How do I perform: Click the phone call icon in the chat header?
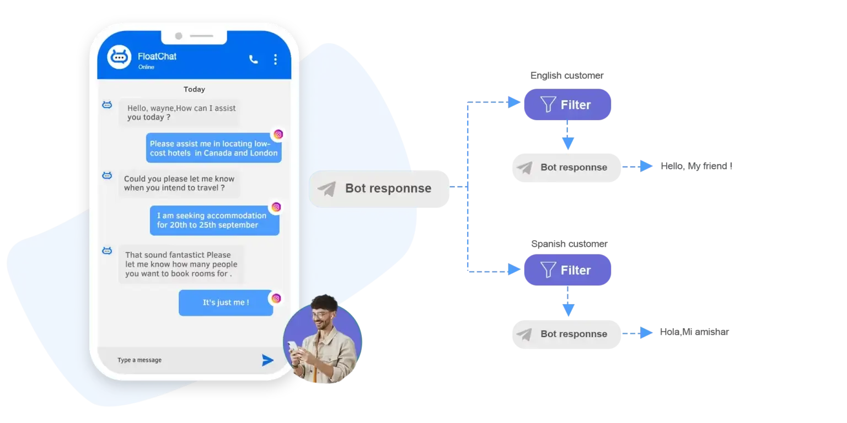click(253, 59)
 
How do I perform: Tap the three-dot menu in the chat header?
click(275, 59)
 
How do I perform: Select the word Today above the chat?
click(194, 89)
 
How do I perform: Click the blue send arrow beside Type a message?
click(267, 360)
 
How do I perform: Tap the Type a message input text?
click(140, 360)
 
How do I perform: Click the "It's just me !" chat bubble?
click(226, 302)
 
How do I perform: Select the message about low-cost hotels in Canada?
click(213, 148)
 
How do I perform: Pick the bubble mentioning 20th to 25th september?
click(215, 220)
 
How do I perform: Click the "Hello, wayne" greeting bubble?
click(179, 113)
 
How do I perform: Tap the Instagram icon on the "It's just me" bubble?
click(276, 299)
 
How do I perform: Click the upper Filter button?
click(566, 105)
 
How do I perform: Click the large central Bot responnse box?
click(379, 188)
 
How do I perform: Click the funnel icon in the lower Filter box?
click(548, 270)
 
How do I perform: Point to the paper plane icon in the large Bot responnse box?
click(326, 189)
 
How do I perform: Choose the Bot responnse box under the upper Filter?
click(566, 167)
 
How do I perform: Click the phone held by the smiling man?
click(293, 348)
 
